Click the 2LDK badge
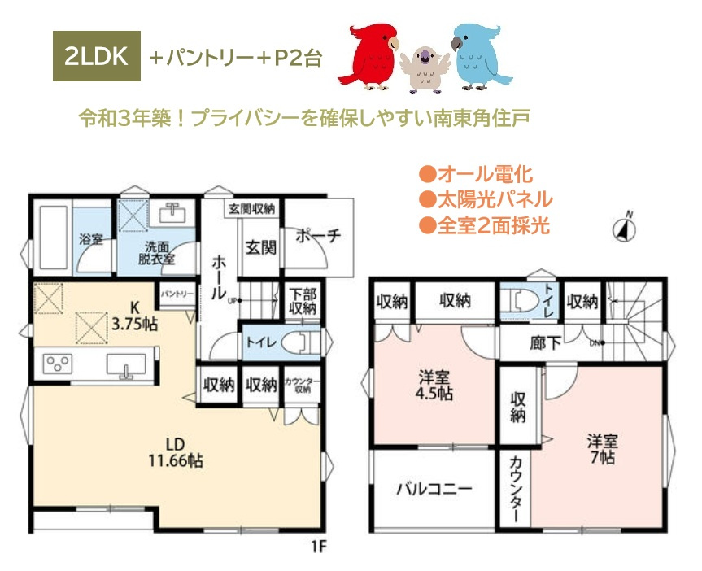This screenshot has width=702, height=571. (x=97, y=57)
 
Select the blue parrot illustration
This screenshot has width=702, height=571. (x=480, y=55)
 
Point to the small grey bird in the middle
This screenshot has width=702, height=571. (x=423, y=65)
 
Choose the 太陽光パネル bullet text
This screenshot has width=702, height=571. (x=486, y=199)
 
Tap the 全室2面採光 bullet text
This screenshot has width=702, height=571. (x=486, y=225)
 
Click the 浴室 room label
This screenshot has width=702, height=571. (x=90, y=240)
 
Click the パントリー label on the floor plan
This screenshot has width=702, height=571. (x=177, y=294)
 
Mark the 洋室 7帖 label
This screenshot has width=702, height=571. (x=603, y=449)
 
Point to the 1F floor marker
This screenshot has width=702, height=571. (x=317, y=546)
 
